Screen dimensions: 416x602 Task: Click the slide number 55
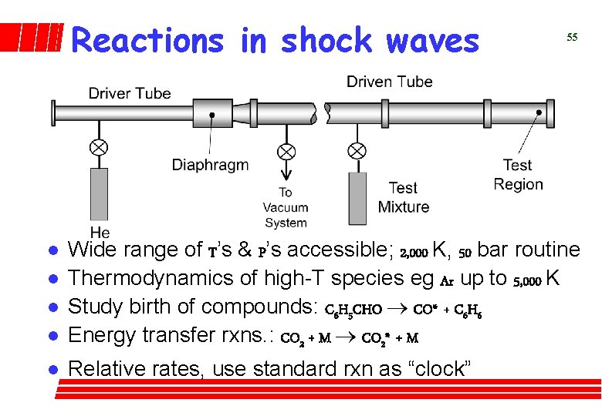(572, 37)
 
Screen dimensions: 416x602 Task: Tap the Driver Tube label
(130, 93)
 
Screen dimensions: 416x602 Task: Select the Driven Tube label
(390, 82)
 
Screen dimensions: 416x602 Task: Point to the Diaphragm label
(210, 164)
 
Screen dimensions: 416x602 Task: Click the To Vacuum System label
(286, 207)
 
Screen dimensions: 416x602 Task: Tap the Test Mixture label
(404, 197)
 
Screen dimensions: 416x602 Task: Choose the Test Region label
(518, 174)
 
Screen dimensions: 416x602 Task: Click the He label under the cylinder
(100, 232)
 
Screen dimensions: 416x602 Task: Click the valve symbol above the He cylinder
(100, 146)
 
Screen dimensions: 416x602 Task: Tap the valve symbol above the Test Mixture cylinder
(357, 150)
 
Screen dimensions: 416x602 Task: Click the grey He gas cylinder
(100, 196)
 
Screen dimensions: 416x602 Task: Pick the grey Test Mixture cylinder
(357, 198)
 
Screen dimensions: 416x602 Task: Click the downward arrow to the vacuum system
(286, 171)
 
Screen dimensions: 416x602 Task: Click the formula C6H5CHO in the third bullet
(353, 310)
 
